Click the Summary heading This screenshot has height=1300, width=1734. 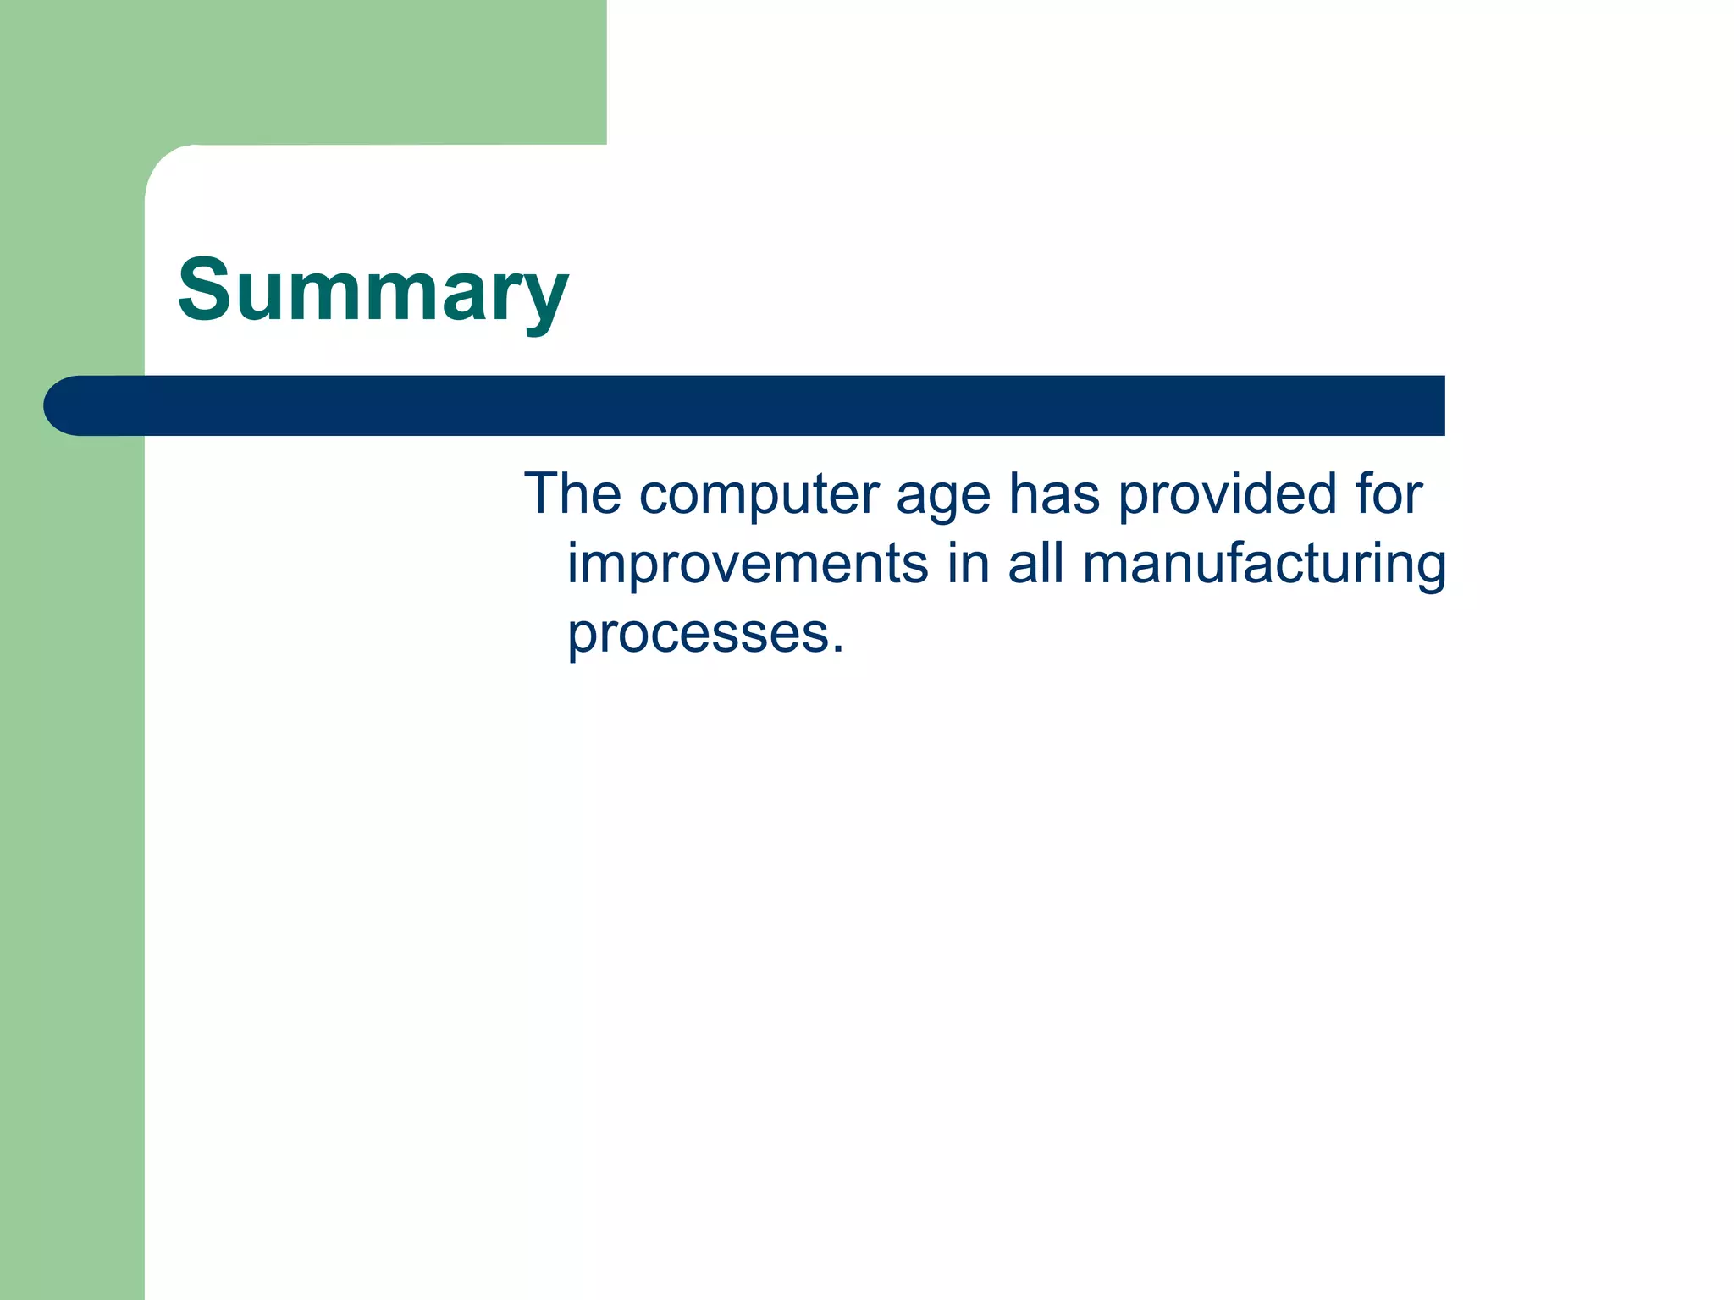coord(373,290)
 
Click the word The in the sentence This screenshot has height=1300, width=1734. coord(572,493)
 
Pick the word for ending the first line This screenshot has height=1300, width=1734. coord(1389,493)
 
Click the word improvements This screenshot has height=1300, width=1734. coord(747,564)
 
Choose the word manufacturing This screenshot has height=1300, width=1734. coord(1264,565)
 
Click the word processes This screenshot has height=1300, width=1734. coord(699,635)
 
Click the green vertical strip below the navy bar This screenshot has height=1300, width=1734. coord(72,846)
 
